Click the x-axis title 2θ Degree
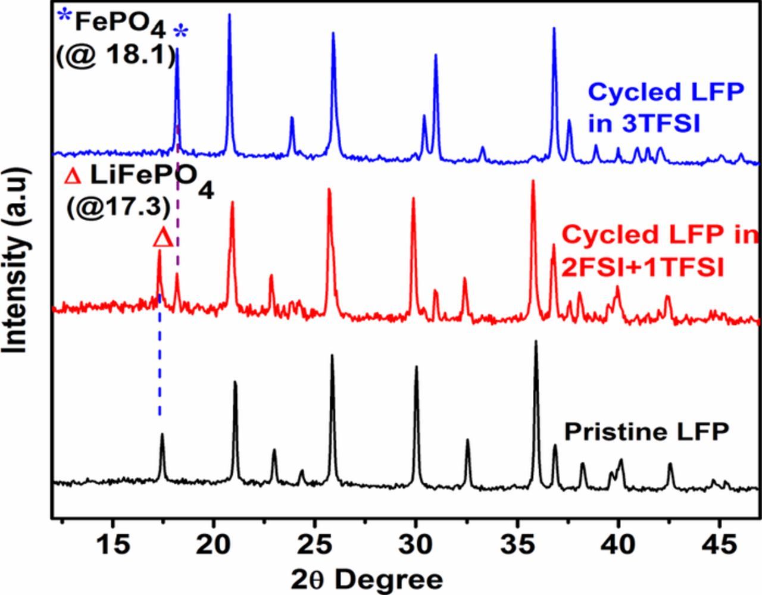click(x=367, y=578)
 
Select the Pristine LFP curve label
click(x=647, y=432)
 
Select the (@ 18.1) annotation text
click(x=116, y=57)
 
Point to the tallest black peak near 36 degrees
click(x=536, y=344)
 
